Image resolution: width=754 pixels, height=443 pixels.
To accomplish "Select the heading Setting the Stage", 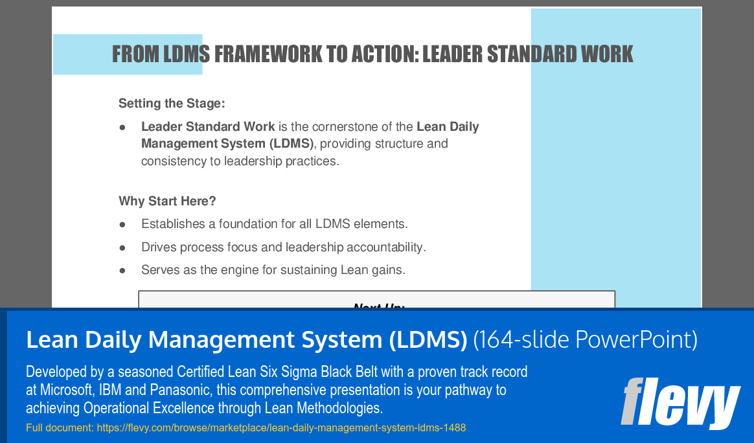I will point(172,103).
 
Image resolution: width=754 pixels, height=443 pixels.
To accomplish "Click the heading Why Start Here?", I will point(167,201).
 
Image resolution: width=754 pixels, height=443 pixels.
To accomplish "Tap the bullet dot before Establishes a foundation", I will point(122,225).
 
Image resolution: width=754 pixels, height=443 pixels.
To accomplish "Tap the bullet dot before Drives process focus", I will point(122,247).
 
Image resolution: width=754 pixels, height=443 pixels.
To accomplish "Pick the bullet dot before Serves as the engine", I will point(122,270).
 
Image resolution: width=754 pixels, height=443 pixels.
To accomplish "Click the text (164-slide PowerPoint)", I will point(585,339).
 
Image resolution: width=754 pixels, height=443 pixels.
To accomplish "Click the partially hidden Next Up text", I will point(378,306).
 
